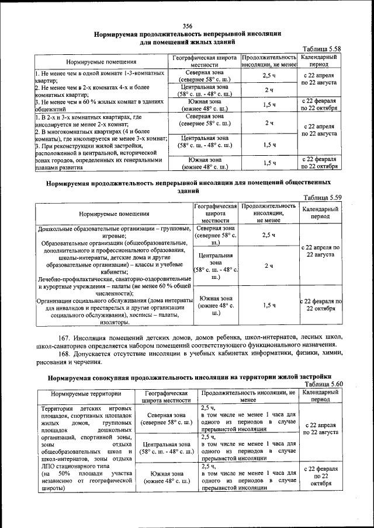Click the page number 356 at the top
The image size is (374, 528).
pos(187,26)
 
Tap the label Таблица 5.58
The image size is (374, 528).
pos(320,49)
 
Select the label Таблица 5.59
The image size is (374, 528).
pos(320,197)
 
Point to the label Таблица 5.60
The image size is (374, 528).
pos(320,384)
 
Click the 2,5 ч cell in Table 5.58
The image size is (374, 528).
pos(269,76)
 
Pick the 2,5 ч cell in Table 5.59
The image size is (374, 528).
pos(269,235)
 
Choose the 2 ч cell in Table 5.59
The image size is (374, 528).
pos(269,265)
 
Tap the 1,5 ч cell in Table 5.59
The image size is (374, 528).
pos(269,305)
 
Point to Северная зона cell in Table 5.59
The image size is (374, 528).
pos(216,235)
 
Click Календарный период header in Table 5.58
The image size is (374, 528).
pos(319,61)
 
